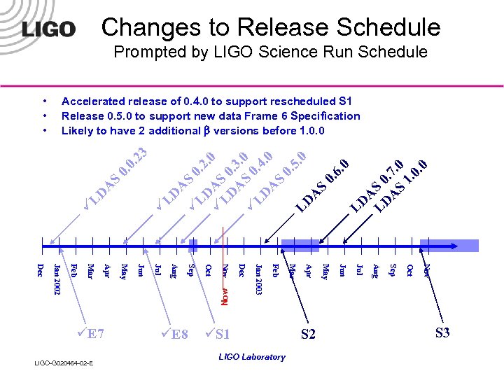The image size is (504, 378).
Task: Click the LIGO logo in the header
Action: (49, 29)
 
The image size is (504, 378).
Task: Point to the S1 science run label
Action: (219, 334)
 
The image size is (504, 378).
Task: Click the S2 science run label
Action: (308, 335)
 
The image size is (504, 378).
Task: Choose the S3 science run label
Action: (442, 332)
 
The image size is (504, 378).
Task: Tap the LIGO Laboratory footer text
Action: (252, 357)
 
